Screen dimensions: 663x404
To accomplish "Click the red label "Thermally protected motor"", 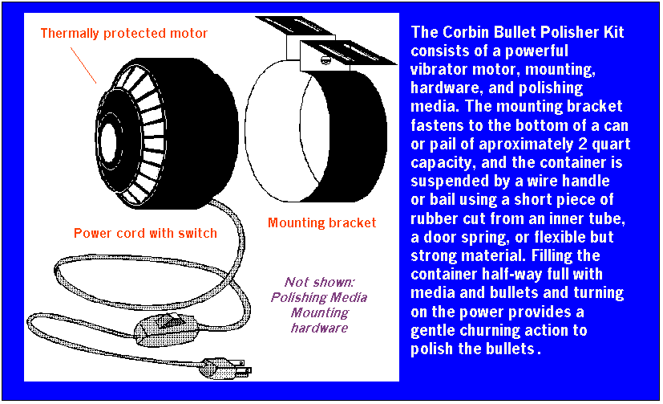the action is click(124, 34).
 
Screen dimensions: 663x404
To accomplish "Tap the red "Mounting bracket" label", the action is click(321, 222).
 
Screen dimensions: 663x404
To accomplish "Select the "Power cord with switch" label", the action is click(145, 234).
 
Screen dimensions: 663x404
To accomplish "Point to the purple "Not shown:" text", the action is click(319, 282).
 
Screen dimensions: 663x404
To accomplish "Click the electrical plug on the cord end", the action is click(225, 368).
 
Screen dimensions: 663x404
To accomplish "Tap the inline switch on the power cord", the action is click(166, 329).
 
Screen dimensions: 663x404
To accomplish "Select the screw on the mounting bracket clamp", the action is click(325, 60).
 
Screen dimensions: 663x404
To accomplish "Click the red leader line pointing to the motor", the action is click(83, 65).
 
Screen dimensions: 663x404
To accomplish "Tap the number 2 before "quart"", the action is click(582, 144).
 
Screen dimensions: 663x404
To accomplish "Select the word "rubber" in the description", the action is click(434, 218).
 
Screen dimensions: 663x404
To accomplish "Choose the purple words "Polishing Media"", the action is click(319, 297).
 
